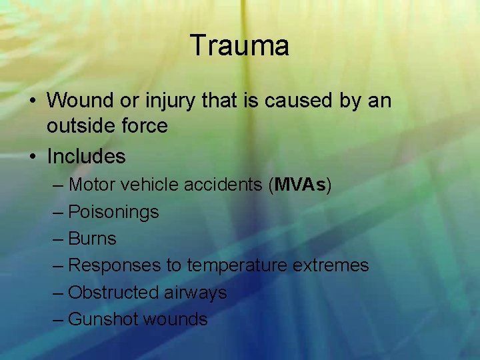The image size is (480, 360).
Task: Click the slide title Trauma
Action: [x=239, y=46]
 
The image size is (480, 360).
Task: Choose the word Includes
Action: [x=86, y=157]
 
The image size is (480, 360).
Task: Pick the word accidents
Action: [x=221, y=185]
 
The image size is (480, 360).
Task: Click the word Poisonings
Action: [x=114, y=212]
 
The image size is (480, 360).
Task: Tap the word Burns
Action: [x=93, y=239]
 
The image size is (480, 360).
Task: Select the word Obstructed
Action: [x=108, y=292]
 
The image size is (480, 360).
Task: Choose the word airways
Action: [x=197, y=292]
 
